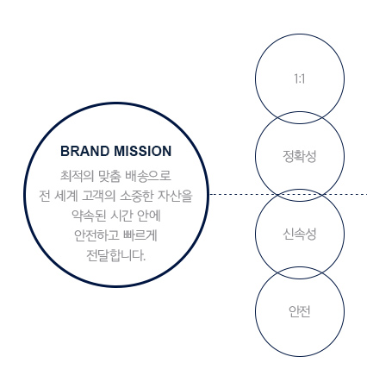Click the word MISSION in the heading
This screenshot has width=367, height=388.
[143, 151]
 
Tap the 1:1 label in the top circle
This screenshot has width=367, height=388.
[300, 78]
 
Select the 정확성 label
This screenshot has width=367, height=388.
[300, 156]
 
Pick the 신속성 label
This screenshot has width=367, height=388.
[300, 234]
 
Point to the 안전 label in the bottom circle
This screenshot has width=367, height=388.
[300, 311]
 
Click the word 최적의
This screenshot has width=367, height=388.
[77, 176]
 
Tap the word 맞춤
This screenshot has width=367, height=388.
[109, 176]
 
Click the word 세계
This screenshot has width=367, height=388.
[65, 196]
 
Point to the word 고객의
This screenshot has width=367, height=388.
[98, 196]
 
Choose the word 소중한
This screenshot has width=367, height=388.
[136, 196]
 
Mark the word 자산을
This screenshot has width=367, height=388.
[175, 196]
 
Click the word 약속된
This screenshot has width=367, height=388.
[89, 216]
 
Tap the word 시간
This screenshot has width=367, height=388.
[121, 216]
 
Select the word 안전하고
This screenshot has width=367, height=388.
[96, 235]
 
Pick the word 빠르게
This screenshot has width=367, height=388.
[140, 235]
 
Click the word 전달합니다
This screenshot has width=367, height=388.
[116, 255]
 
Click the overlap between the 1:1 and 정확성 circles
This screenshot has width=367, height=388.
[300, 118]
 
